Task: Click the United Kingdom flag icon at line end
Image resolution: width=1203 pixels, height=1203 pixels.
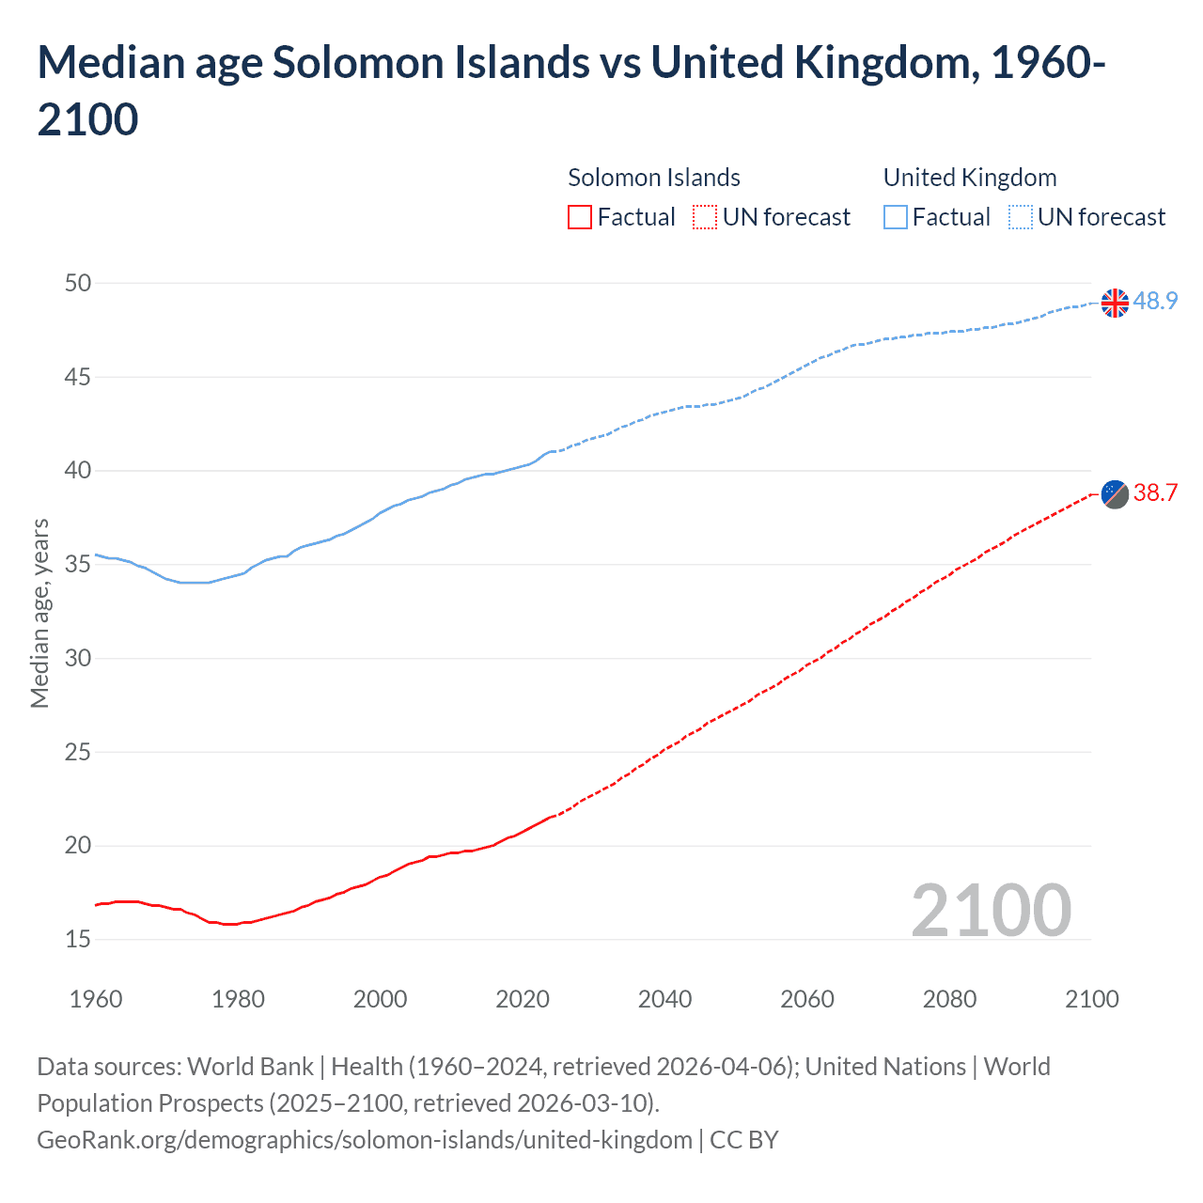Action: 1115,303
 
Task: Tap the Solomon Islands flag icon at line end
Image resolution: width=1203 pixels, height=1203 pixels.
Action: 1115,493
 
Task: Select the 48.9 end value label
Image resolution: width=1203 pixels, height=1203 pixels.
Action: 1155,301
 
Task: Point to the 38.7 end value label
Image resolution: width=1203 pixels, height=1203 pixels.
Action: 1155,492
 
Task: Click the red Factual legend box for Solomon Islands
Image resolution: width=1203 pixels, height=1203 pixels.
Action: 580,217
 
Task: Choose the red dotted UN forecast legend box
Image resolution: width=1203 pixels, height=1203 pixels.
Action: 705,217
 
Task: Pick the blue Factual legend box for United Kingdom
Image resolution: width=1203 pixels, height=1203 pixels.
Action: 896,217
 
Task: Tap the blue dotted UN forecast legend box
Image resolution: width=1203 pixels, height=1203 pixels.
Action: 1020,217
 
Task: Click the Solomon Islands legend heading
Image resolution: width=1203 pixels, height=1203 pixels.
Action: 654,178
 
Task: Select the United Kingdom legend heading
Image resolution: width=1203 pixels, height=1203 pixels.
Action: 970,178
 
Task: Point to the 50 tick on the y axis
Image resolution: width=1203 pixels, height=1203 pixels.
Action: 78,283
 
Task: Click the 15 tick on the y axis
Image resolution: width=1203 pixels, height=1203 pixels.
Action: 78,939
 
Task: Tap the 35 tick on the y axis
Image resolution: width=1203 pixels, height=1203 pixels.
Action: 78,564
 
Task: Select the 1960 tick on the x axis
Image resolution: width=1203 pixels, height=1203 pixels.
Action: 96,999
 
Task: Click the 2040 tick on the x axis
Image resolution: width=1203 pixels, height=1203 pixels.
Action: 664,999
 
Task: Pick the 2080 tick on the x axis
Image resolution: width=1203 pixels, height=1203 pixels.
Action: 949,999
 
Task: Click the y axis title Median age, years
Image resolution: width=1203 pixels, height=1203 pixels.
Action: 39,613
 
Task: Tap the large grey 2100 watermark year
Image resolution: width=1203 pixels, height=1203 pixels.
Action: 991,910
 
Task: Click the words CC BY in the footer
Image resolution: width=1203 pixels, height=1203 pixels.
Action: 743,1140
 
